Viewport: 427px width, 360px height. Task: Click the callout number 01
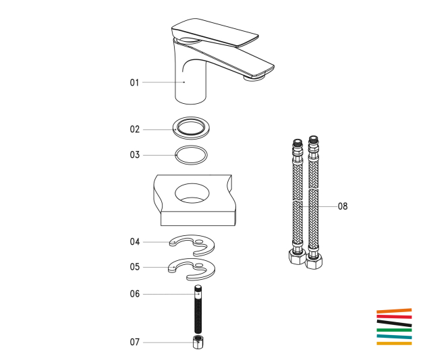pos(134,82)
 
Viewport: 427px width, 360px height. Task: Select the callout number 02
pos(134,129)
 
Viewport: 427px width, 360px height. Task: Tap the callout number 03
pos(134,155)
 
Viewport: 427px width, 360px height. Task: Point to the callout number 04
pos(134,241)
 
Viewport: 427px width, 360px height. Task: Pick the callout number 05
pos(134,267)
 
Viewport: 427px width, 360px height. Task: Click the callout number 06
pos(134,294)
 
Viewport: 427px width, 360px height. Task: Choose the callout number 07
pos(134,342)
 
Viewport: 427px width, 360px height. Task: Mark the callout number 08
pos(343,206)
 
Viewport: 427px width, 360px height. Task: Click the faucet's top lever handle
pos(215,32)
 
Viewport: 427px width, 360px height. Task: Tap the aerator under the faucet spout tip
pos(254,78)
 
